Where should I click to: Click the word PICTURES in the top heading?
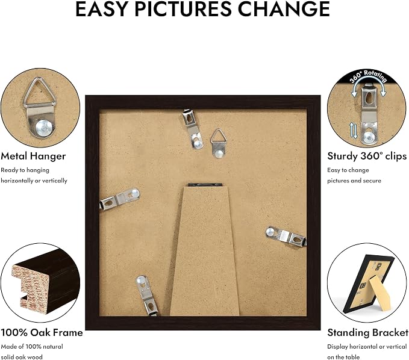(183, 9)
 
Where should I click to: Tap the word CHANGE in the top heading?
(284, 9)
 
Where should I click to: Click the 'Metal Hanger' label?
(33, 156)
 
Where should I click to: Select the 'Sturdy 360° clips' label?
(367, 156)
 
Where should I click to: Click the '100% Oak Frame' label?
(42, 333)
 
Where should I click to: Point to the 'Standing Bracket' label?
(367, 333)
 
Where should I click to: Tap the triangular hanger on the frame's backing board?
(218, 143)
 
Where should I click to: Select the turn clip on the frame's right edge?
(286, 236)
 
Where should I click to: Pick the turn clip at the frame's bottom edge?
(147, 296)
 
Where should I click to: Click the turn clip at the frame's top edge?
(193, 129)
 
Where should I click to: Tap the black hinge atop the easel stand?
(205, 185)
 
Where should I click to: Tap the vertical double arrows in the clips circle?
(353, 131)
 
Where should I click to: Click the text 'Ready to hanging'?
(25, 170)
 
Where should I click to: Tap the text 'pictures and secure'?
(354, 181)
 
